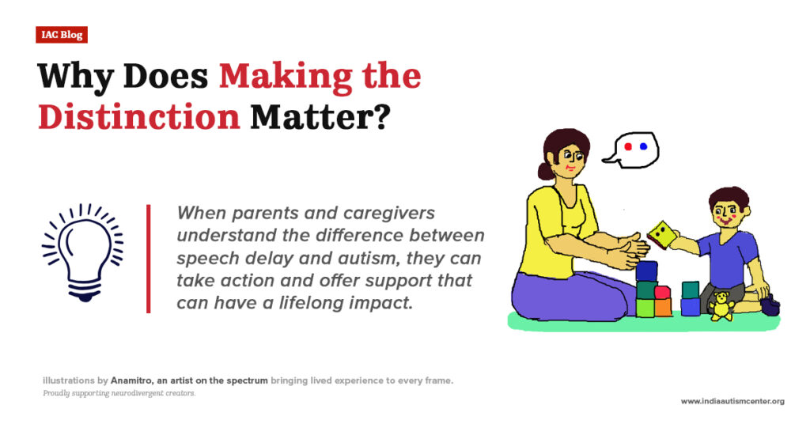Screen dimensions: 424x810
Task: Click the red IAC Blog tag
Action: click(x=61, y=35)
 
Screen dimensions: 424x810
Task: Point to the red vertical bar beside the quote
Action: click(x=148, y=259)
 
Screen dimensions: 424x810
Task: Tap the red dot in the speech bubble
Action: click(x=627, y=147)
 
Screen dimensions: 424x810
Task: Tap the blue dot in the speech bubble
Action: click(x=643, y=147)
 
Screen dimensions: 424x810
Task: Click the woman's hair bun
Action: click(x=543, y=170)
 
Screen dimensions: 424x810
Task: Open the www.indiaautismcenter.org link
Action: click(x=732, y=401)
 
